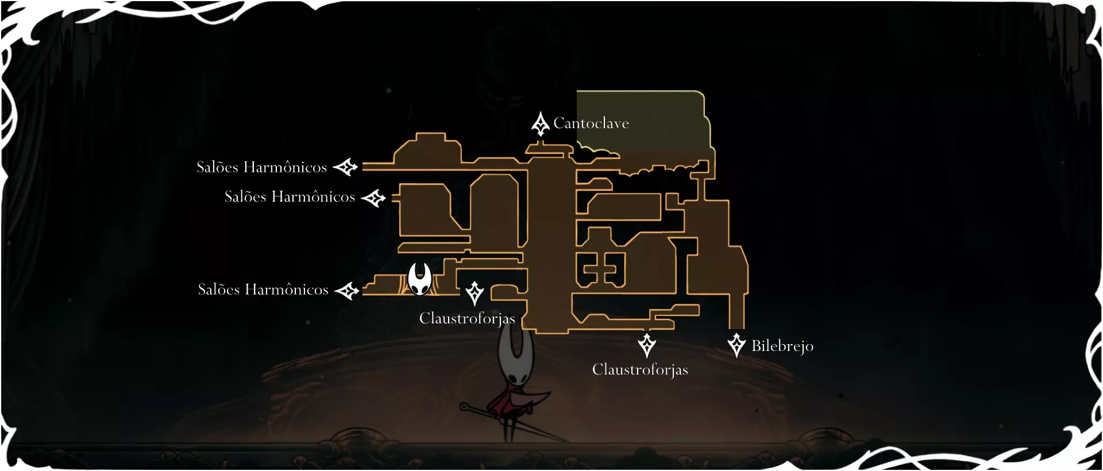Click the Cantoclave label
pyautogui.click(x=591, y=123)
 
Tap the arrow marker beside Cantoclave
pyautogui.click(x=540, y=124)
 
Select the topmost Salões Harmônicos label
pyautogui.click(x=261, y=167)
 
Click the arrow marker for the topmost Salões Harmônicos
pyautogui.click(x=346, y=167)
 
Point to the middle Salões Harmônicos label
pyautogui.click(x=290, y=197)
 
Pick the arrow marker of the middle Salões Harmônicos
pyautogui.click(x=373, y=198)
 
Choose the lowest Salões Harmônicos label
pyautogui.click(x=263, y=289)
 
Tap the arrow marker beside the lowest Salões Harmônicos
pyautogui.click(x=347, y=291)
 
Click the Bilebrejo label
pyautogui.click(x=782, y=346)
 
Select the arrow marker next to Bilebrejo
pyautogui.click(x=736, y=345)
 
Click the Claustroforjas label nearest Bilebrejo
pyautogui.click(x=640, y=369)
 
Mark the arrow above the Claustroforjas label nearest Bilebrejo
pyautogui.click(x=647, y=345)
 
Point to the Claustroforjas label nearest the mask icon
pyautogui.click(x=466, y=318)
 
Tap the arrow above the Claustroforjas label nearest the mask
pyautogui.click(x=475, y=293)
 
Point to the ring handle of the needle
pyautogui.click(x=464, y=407)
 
